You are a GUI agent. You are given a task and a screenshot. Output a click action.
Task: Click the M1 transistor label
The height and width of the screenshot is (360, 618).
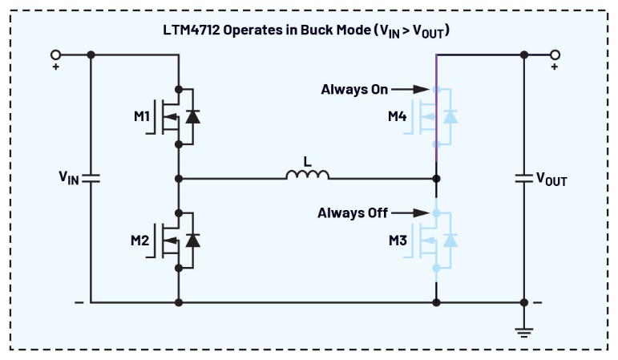point(142,117)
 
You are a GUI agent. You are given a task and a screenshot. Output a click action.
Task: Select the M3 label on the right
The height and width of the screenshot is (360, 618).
point(398,240)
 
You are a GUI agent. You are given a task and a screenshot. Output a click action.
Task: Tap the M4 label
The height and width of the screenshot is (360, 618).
point(398,117)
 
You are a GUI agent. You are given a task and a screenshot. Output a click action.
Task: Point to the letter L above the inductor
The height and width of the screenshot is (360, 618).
point(307,160)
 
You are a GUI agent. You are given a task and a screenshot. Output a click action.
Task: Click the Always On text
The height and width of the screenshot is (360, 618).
point(354,89)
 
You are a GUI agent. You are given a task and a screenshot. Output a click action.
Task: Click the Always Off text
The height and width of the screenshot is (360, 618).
point(353,212)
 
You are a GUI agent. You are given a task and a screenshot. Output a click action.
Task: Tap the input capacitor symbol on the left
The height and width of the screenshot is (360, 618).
point(91,178)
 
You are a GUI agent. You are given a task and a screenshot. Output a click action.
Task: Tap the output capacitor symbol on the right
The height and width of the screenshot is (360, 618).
point(524,178)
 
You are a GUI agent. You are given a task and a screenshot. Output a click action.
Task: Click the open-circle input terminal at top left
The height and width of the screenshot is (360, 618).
point(56,55)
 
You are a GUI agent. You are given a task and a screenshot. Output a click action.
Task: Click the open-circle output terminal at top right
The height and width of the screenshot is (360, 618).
point(555,55)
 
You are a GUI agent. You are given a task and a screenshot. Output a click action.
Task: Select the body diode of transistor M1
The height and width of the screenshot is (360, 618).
point(192,117)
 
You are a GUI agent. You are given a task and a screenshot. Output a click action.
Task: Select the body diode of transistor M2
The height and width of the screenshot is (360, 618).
point(192,240)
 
